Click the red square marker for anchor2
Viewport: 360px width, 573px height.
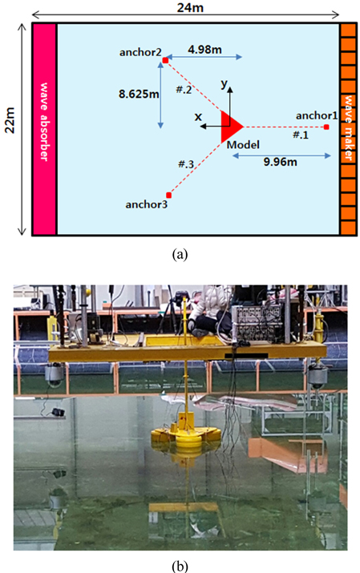click(x=165, y=60)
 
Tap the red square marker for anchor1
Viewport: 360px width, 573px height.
click(x=326, y=127)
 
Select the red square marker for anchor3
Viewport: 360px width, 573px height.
click(x=168, y=196)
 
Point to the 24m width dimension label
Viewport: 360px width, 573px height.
click(x=190, y=7)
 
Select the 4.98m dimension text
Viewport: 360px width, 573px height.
click(x=204, y=50)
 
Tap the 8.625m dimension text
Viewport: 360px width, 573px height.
click(x=139, y=94)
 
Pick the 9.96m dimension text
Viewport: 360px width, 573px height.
click(x=281, y=162)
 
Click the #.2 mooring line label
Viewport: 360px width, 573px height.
click(x=184, y=90)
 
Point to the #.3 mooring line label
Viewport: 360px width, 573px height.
click(x=186, y=164)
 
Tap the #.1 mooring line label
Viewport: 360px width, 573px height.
click(x=301, y=135)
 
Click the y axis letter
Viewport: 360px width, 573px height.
click(x=224, y=84)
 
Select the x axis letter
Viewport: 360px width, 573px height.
click(x=198, y=116)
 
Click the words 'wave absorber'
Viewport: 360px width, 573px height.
click(x=44, y=122)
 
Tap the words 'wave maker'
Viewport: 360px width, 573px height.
click(x=348, y=128)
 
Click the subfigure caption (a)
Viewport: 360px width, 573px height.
click(x=180, y=254)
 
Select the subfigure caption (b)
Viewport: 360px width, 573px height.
click(x=180, y=566)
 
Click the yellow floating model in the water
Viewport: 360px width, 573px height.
click(x=186, y=437)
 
